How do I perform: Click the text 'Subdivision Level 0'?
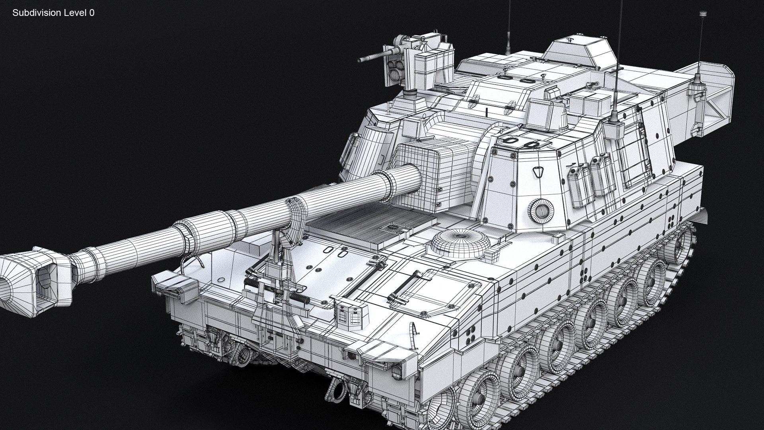tap(53, 13)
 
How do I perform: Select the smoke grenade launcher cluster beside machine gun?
tap(395, 69)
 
